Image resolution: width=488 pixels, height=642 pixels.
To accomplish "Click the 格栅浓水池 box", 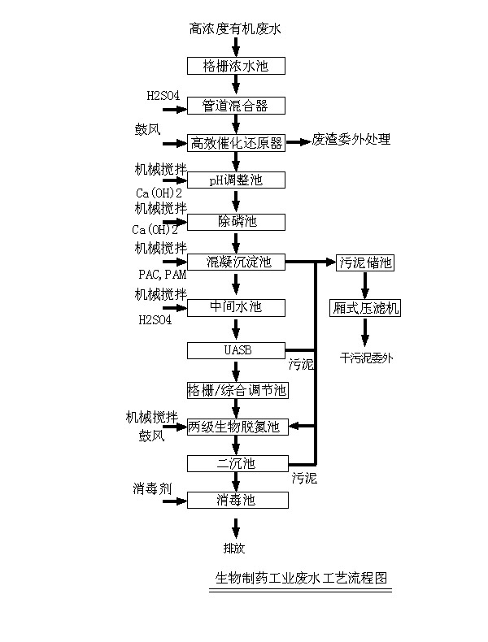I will (236, 65).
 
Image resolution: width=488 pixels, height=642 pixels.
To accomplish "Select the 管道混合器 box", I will (236, 105).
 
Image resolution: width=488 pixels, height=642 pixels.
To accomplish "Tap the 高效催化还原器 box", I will (236, 143).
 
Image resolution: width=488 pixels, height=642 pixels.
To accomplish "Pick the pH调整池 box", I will (236, 180).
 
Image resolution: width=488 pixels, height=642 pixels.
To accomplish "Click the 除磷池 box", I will (236, 221).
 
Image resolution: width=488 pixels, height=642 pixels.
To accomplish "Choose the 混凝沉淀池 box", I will (236, 262).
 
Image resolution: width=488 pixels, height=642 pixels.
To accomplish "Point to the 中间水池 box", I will (236, 307).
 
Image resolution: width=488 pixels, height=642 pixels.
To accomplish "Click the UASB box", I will (236, 350).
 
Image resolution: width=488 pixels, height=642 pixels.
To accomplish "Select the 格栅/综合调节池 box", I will (236, 390).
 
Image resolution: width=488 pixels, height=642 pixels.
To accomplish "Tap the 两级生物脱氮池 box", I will (236, 427).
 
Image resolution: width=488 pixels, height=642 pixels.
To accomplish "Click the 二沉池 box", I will (236, 463).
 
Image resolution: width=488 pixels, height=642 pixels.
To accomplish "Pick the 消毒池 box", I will (236, 500).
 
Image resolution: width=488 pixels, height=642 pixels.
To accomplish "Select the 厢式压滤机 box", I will (366, 308).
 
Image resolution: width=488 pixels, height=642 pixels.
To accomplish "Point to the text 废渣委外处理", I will (351, 140).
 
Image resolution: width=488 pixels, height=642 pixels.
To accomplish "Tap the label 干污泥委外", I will (366, 357).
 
